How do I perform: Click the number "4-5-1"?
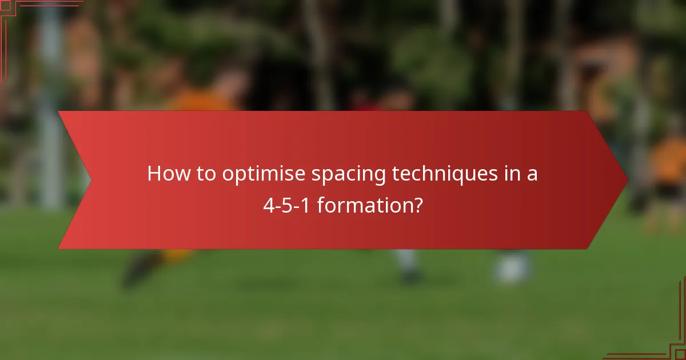pos(287,205)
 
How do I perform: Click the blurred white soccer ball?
pos(512,269)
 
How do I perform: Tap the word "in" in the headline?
pos(511,174)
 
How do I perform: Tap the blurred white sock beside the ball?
pos(407,263)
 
